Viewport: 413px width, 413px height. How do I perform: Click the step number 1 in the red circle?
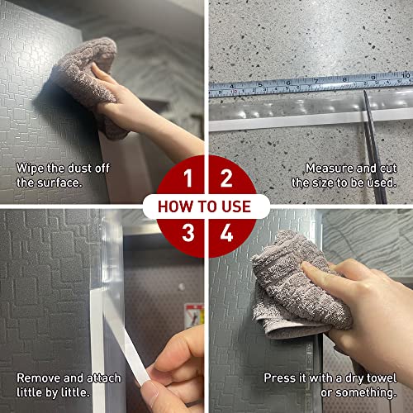tap(188, 178)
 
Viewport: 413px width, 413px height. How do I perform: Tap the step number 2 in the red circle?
tap(226, 178)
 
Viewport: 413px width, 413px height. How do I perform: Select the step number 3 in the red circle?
tap(188, 233)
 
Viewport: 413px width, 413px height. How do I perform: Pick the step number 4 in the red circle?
tap(226, 233)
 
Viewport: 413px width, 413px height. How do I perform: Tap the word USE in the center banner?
tap(236, 206)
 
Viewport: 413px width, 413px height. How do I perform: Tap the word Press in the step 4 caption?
tap(280, 378)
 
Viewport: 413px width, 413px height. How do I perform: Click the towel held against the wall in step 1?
tap(88, 83)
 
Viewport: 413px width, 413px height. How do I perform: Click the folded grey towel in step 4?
tap(297, 287)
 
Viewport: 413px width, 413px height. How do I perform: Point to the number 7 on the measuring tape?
tap(316, 81)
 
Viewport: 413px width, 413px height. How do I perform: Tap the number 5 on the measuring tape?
tap(259, 84)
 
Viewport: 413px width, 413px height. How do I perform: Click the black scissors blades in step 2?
tap(373, 146)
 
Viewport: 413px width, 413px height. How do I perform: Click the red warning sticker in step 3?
tap(194, 316)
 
